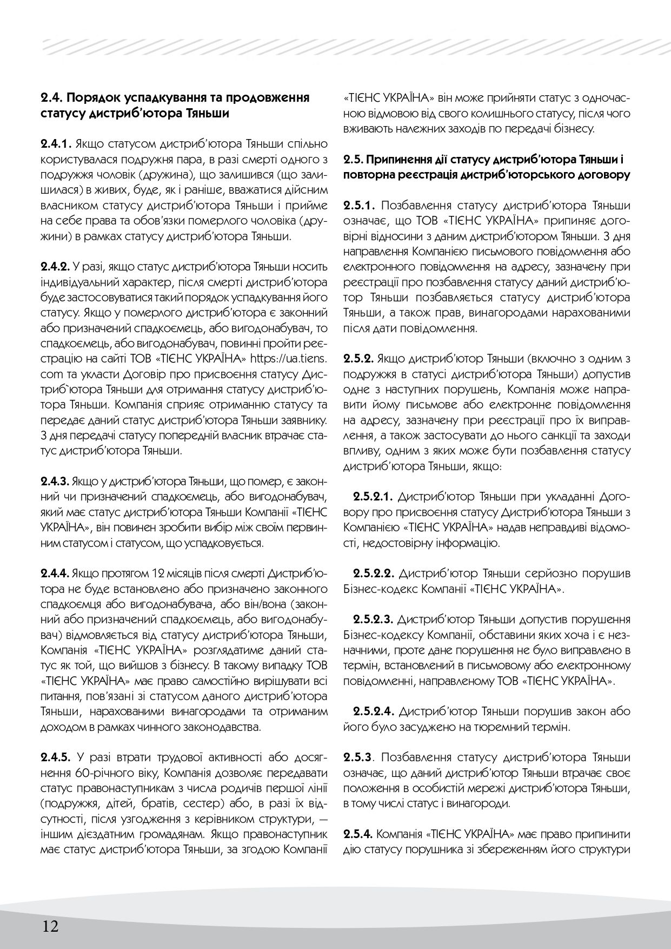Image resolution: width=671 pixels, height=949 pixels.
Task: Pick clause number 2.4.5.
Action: coord(56,756)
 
